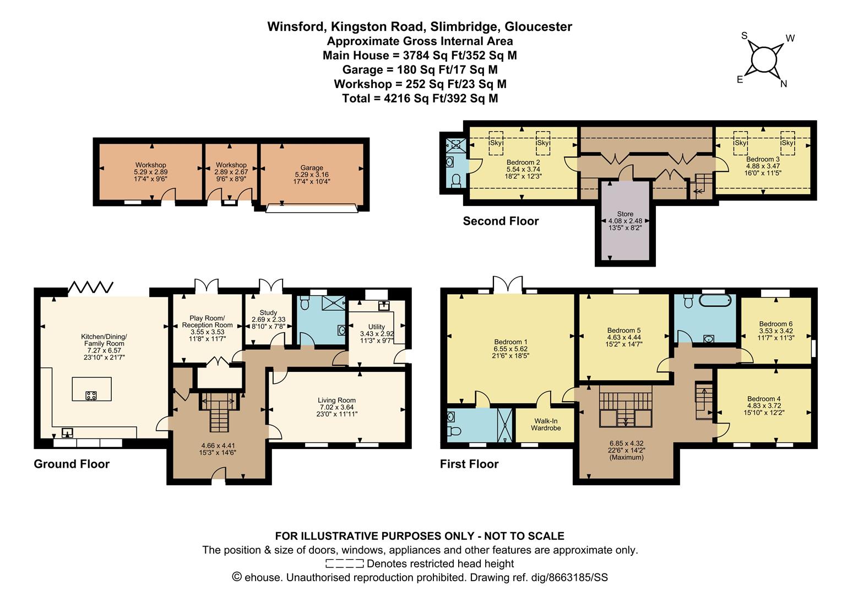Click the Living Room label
tap(336, 400)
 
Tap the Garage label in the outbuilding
tap(312, 167)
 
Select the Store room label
tap(625, 214)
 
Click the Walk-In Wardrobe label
tap(546, 425)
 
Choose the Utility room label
tap(377, 327)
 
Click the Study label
tap(268, 312)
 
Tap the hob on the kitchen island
tap(91, 395)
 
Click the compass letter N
tap(784, 84)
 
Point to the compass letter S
tap(745, 36)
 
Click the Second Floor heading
tap(501, 221)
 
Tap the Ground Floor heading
tap(72, 464)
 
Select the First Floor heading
tap(469, 464)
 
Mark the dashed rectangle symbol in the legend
tap(345, 564)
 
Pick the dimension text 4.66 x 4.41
tap(218, 446)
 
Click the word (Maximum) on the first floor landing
tap(627, 457)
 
